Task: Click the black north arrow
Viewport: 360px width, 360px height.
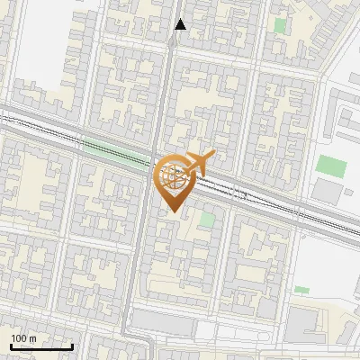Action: tap(180, 24)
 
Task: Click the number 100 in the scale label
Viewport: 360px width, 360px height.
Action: tap(20, 338)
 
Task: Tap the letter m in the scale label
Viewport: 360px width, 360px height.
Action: tap(32, 338)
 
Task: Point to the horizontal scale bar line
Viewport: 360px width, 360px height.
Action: tap(41, 346)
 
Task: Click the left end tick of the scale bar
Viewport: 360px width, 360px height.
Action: tap(11, 345)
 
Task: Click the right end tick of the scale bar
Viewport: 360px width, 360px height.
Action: tap(72, 345)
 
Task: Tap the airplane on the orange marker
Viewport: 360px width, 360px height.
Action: tap(198, 164)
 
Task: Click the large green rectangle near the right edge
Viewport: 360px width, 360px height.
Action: tap(331, 166)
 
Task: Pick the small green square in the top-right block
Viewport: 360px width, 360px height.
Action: tap(280, 26)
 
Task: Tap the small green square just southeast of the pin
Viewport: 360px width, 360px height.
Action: tap(208, 219)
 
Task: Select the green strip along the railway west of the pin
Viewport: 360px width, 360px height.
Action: tap(112, 150)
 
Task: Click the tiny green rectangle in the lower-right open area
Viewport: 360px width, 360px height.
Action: tap(301, 290)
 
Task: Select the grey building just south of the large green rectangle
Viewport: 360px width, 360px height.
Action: tap(328, 191)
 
